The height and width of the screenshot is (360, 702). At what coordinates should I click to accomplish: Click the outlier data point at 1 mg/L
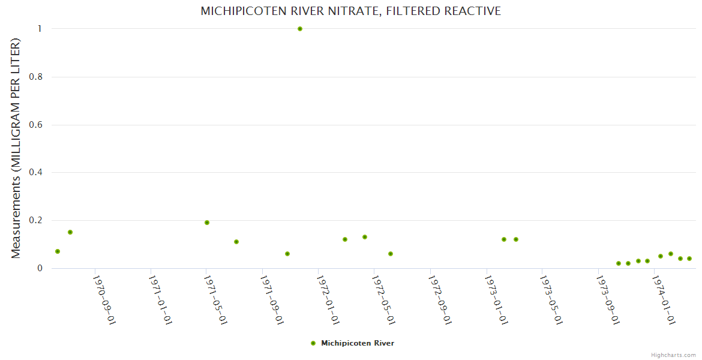click(300, 29)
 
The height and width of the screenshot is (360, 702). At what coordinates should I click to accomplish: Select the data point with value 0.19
click(207, 223)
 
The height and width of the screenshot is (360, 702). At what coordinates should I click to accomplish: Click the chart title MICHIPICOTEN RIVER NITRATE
click(350, 11)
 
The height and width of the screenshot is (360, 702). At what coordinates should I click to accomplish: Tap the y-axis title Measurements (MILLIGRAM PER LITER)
click(16, 148)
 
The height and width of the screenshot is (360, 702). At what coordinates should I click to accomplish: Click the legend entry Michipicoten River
click(358, 343)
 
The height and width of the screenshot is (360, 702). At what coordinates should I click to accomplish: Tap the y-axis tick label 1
click(40, 29)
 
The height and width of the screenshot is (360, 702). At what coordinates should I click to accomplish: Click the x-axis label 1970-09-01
click(103, 299)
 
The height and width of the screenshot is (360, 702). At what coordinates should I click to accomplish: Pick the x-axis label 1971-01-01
click(160, 299)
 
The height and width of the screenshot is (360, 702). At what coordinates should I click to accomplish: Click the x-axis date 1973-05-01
click(551, 299)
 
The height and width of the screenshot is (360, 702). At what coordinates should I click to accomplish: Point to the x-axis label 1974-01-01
click(663, 299)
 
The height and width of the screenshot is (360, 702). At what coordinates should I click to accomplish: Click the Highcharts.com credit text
click(673, 355)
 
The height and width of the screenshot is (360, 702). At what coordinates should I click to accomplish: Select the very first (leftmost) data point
click(58, 251)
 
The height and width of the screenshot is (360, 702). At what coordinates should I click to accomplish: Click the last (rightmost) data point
click(689, 259)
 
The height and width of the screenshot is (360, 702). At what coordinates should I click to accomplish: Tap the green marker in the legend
click(313, 343)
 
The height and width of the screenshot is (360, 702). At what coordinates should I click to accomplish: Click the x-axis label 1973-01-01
click(496, 299)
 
